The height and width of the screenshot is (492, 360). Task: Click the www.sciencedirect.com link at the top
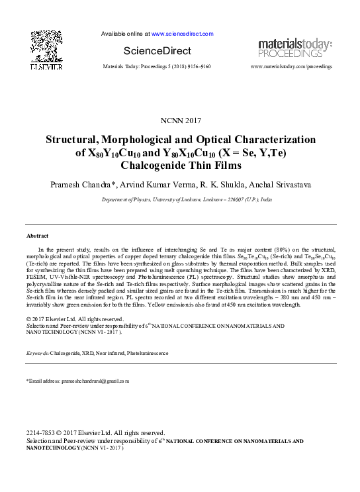pos(182,33)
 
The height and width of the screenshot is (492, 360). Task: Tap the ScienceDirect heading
pos(157,51)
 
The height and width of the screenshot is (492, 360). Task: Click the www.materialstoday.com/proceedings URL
pos(291,67)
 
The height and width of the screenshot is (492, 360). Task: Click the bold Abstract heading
pos(37,236)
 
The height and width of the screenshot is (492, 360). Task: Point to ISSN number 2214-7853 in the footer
pos(39,433)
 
